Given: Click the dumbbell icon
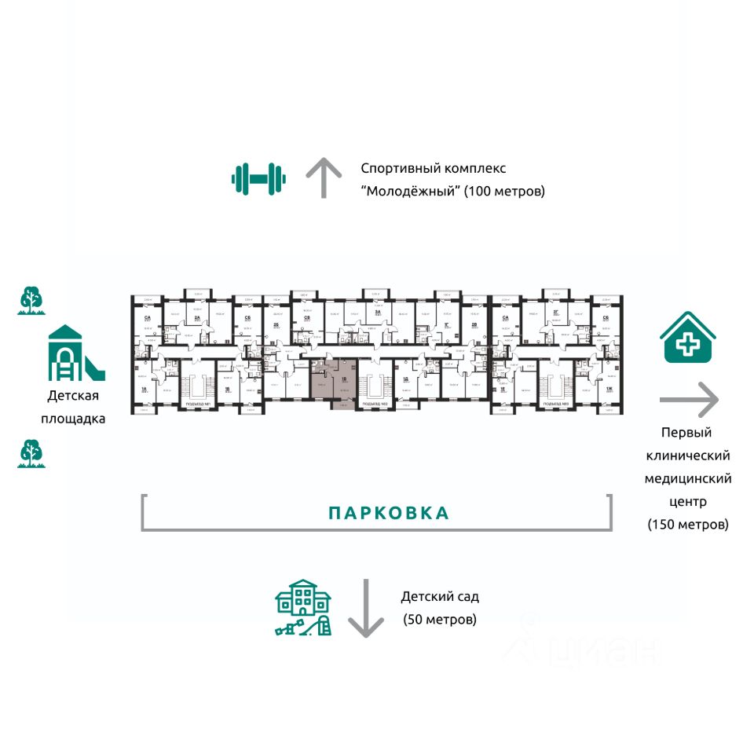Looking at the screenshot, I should point(258,178).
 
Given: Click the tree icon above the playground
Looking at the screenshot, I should point(31,300).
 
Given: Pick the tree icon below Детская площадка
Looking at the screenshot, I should point(31,453).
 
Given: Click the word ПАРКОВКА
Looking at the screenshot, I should point(389,513).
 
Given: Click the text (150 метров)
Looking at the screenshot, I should point(687,524).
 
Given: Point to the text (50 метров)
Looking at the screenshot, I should point(439,619).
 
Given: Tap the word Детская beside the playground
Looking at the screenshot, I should point(72,397).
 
